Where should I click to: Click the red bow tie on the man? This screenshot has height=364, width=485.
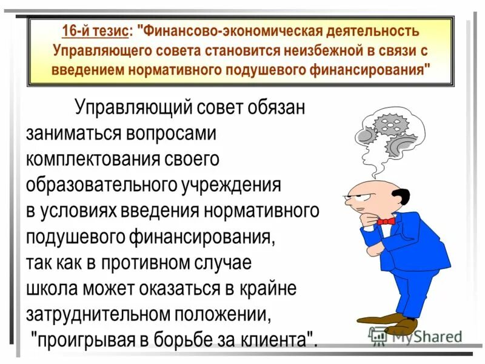tap(386, 221)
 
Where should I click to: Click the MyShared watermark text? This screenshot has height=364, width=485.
tap(424, 335)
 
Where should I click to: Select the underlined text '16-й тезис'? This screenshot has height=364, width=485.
tap(95, 31)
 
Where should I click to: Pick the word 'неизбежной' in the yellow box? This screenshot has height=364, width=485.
tap(297, 50)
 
